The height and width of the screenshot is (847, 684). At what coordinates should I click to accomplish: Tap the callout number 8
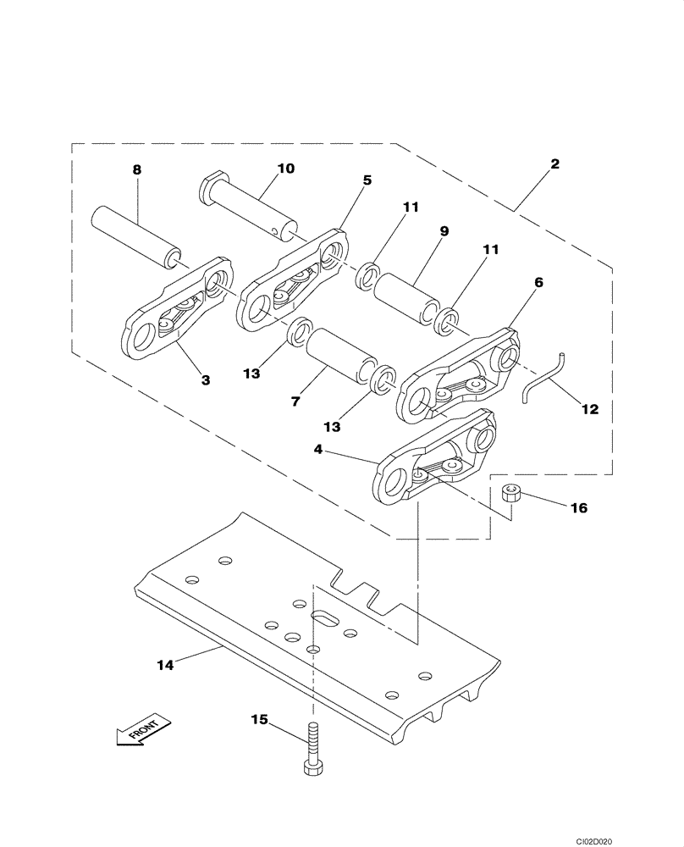coord(136,169)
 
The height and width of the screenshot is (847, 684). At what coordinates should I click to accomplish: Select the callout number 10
coord(285,169)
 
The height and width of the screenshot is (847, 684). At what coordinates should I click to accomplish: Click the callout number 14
coord(164,665)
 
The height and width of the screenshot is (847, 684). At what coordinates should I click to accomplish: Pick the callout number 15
coord(258,720)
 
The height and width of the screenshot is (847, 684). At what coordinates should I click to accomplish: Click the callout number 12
coord(589,408)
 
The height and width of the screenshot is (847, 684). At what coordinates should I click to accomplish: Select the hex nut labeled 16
coord(510,493)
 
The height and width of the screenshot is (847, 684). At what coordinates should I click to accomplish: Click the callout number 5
coord(367,180)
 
